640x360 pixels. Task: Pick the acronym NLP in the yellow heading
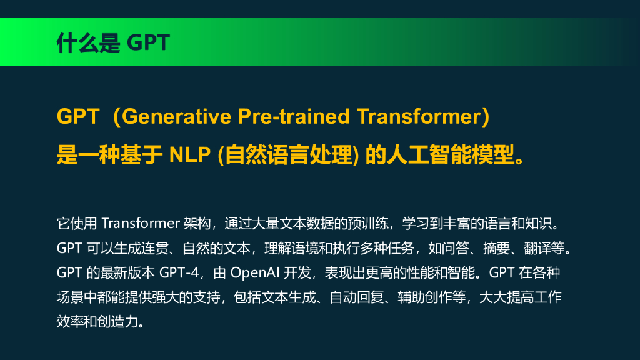191,154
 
